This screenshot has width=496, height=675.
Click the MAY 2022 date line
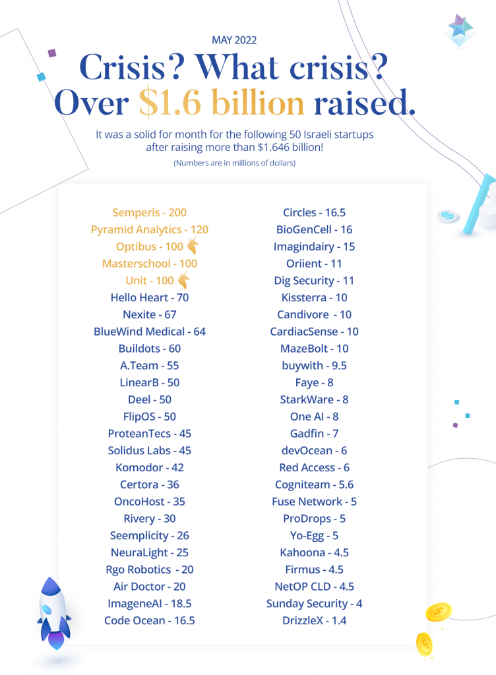(234, 40)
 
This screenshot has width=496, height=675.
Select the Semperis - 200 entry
(150, 213)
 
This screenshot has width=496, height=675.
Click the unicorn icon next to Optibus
(193, 245)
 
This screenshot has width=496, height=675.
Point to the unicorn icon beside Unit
(183, 279)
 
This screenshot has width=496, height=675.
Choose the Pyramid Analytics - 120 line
(150, 230)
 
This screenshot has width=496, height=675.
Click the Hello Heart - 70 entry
(150, 297)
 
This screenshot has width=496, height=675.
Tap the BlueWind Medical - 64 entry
(150, 332)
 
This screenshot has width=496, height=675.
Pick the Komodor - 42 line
(150, 467)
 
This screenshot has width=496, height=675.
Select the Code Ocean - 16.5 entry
(150, 620)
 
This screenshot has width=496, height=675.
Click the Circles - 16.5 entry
(315, 213)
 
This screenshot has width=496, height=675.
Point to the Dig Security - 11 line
(315, 281)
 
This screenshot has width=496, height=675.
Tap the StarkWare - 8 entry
(315, 399)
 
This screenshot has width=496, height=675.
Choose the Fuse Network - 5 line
(315, 502)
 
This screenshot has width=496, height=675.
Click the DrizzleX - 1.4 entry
(315, 620)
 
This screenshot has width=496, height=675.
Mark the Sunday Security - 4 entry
(315, 604)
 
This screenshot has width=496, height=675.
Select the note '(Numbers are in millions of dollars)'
(235, 163)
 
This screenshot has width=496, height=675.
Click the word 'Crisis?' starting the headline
(132, 67)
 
